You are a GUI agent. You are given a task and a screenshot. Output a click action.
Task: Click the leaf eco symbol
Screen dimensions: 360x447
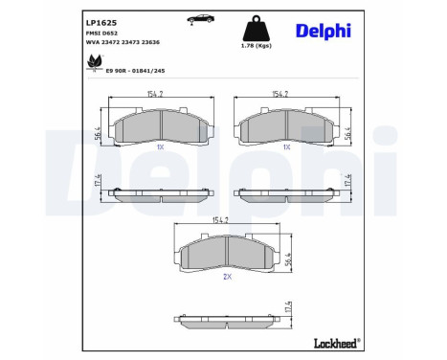[96, 63]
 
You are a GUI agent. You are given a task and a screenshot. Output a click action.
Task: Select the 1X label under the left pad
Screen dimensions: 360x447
[160, 147]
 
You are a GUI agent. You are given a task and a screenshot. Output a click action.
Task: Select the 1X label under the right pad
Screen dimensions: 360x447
[285, 147]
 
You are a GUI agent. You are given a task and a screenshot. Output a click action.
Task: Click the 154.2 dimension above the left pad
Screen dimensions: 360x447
[155, 95]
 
